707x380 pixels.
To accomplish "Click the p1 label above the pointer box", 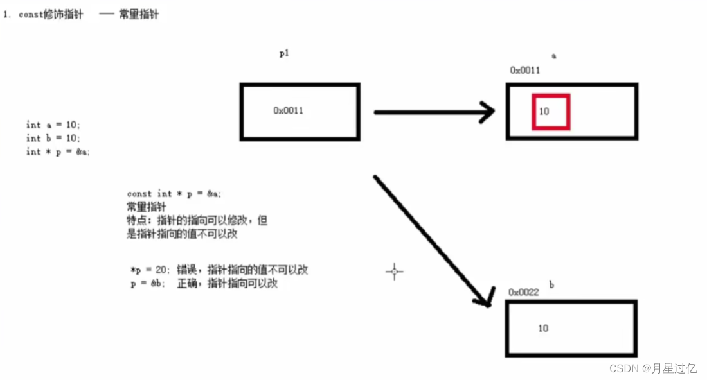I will [x=283, y=54].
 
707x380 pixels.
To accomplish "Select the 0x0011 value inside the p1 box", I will [x=288, y=110].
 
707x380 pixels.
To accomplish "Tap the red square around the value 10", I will [x=550, y=112].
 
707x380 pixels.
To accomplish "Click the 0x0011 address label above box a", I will [x=524, y=71].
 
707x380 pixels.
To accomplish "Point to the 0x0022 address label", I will [x=523, y=292].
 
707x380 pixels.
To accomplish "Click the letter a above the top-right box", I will [x=553, y=56].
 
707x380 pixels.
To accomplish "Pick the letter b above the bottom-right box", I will [x=551, y=284].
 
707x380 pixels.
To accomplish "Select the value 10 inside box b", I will [x=543, y=328].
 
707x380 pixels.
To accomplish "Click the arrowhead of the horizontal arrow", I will [x=487, y=112].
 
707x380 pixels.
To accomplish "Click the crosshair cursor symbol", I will [x=394, y=272].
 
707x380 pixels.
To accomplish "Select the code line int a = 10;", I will [x=53, y=125].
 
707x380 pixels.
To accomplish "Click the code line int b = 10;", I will [x=53, y=138].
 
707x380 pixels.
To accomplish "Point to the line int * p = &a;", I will [x=58, y=152].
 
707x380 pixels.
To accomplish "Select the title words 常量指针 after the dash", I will [x=138, y=13].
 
